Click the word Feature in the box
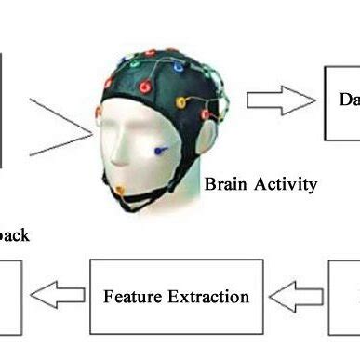tap(133, 298)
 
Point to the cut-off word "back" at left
tap(14, 235)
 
